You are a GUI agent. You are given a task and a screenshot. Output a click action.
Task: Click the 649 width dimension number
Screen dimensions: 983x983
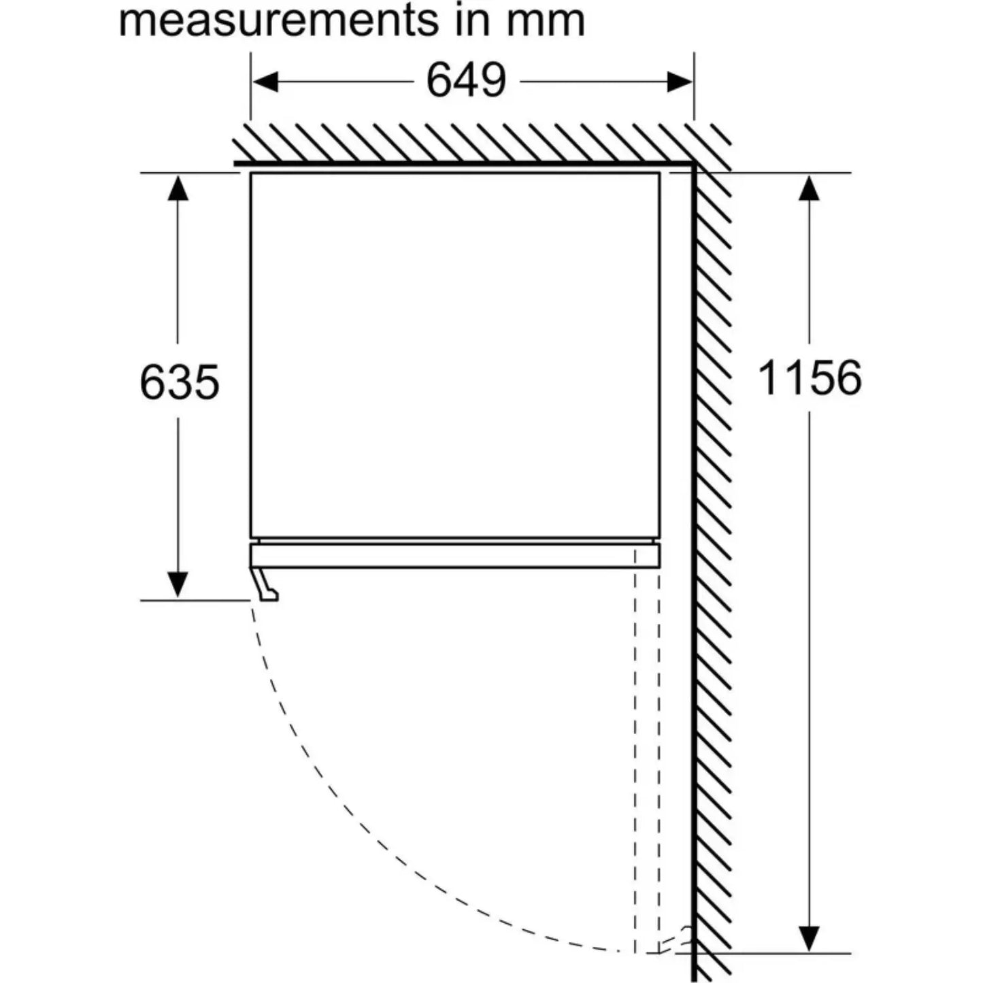click(x=466, y=80)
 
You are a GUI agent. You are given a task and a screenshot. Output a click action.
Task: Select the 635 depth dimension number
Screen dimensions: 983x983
click(x=179, y=382)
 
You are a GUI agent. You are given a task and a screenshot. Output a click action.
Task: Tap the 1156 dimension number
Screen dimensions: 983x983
click(x=810, y=378)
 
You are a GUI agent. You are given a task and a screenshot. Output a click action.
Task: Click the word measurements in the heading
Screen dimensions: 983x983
click(x=278, y=21)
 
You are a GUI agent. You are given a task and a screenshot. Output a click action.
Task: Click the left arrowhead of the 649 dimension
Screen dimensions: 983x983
click(x=265, y=82)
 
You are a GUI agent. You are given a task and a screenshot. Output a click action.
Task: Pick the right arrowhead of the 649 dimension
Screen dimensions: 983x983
click(x=680, y=82)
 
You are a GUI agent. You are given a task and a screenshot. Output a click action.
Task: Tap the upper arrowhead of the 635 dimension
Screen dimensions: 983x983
click(x=178, y=187)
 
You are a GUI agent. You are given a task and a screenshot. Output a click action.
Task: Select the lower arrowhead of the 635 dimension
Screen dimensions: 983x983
click(x=178, y=584)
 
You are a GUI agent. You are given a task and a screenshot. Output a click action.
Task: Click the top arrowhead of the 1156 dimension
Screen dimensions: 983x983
click(x=809, y=187)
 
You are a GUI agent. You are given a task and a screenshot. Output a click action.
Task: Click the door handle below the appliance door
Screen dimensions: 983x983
click(x=266, y=584)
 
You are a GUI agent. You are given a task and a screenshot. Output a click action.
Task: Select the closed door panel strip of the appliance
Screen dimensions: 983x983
click(x=455, y=556)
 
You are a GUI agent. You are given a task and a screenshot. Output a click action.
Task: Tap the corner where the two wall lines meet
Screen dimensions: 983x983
click(x=694, y=164)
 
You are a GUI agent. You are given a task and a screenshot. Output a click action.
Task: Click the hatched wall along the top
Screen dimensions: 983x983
click(x=482, y=144)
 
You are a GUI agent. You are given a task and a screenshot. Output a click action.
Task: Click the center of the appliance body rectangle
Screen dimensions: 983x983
click(x=455, y=355)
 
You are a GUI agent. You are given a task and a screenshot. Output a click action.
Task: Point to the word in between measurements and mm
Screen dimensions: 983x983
click(x=473, y=21)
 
